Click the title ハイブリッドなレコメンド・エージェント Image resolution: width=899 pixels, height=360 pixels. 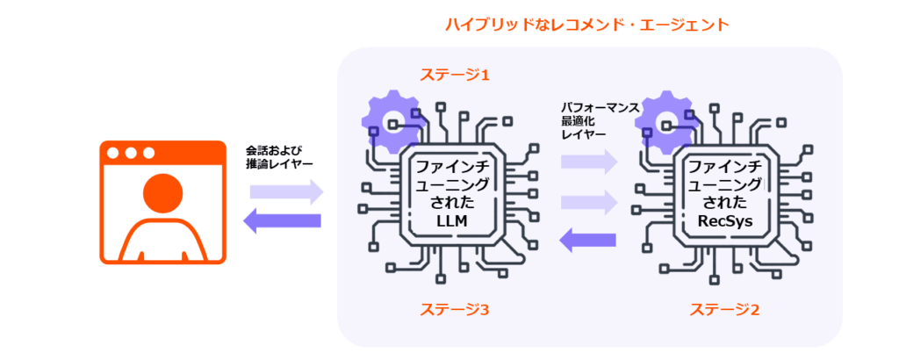point(586,25)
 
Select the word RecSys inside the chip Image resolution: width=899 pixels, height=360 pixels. point(724,223)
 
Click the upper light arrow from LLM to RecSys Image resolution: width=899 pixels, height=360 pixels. point(588,161)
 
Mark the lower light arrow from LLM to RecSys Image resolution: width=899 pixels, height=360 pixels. point(588,202)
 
